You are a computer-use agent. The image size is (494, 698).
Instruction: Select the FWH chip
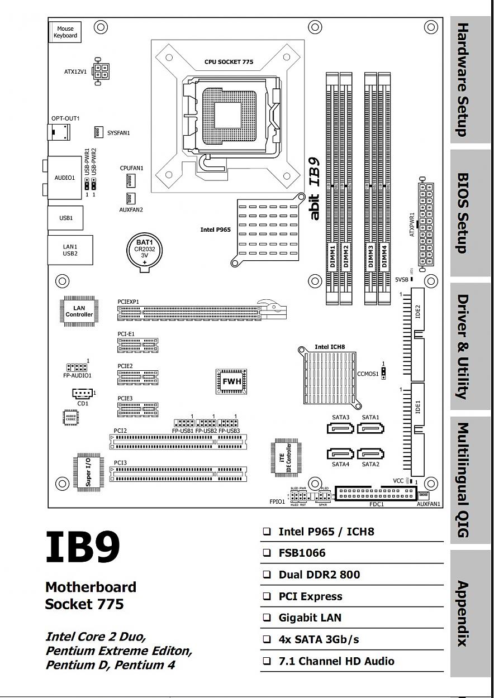(232, 381)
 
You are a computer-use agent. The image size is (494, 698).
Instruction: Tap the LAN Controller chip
(79, 311)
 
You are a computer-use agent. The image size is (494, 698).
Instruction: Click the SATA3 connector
(340, 428)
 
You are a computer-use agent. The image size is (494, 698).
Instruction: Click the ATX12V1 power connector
(102, 71)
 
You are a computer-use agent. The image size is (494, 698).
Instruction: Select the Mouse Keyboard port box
(65, 32)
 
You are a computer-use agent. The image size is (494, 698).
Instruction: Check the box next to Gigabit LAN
(267, 618)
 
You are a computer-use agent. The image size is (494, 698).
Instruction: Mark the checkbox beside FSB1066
(267, 553)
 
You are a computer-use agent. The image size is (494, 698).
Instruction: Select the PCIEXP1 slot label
(128, 302)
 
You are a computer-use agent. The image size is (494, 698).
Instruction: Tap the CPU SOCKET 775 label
(229, 62)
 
